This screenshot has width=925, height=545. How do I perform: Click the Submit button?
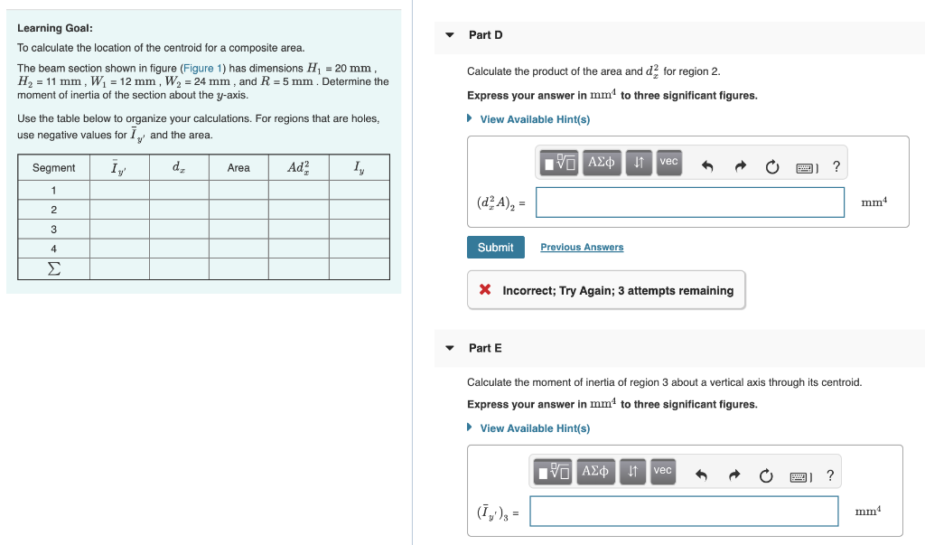point(495,247)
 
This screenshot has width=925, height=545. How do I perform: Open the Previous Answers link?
point(582,248)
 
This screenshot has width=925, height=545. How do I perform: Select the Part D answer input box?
point(689,202)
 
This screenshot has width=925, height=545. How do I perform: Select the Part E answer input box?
point(684,512)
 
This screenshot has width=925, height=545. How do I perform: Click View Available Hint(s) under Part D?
point(534,119)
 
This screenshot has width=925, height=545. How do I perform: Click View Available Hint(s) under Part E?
point(534,428)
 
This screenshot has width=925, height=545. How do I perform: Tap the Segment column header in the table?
point(54,168)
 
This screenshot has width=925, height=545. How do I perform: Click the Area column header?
point(238,168)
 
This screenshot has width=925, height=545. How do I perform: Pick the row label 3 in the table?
point(54,230)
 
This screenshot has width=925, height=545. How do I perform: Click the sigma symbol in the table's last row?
point(54,268)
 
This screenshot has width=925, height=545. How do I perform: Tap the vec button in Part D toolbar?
point(668,162)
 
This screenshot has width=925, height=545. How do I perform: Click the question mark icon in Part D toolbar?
point(836,166)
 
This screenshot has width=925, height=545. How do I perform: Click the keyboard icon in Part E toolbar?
point(803,476)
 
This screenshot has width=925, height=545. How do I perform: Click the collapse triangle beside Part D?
point(450,35)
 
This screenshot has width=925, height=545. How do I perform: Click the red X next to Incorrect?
point(485,290)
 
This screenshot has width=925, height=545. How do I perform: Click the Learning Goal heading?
point(55,28)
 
